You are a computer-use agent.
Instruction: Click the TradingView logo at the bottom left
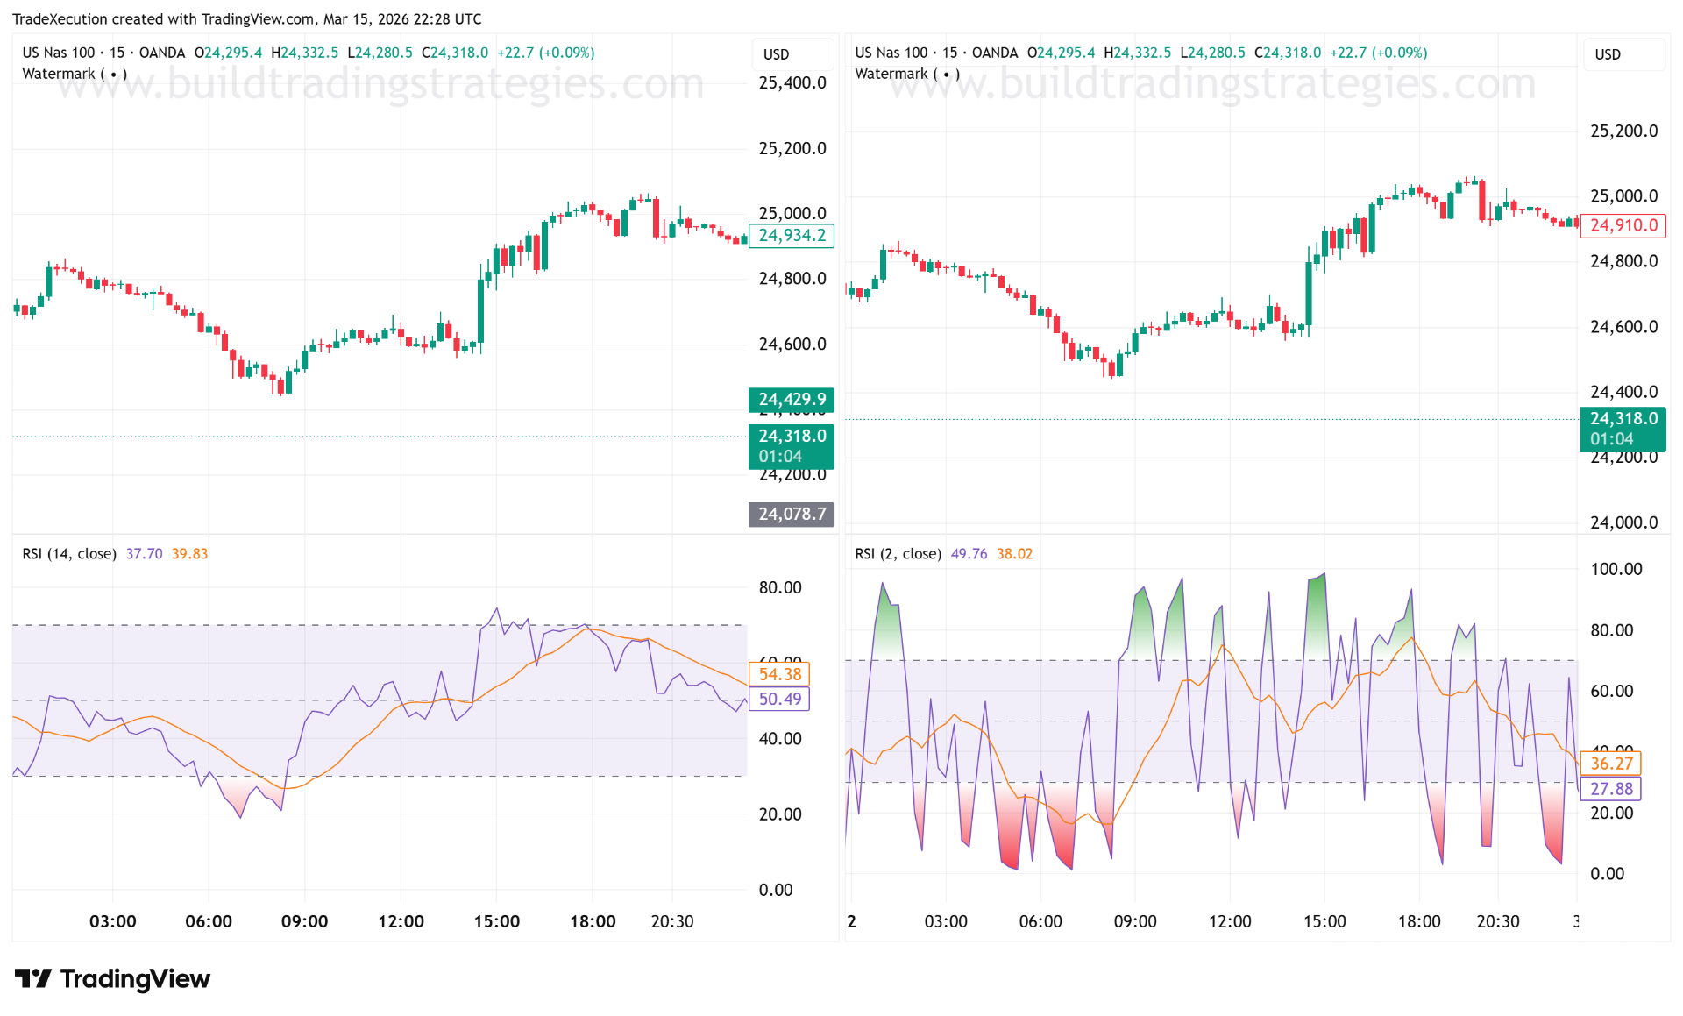click(112, 978)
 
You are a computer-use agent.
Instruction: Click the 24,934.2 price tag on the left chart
click(792, 235)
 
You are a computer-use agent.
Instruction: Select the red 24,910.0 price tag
click(1623, 225)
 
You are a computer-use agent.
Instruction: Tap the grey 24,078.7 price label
click(792, 514)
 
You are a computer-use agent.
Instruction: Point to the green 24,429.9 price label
click(792, 399)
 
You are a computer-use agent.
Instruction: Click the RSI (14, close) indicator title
click(69, 553)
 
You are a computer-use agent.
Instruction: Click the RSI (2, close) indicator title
click(898, 553)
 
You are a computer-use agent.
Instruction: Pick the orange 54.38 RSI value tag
click(779, 674)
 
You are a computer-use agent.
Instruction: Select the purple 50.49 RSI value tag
click(779, 699)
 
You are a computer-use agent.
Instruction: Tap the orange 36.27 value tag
click(1611, 764)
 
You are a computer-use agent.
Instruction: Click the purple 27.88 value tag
click(1611, 788)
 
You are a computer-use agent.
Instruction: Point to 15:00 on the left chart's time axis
click(496, 921)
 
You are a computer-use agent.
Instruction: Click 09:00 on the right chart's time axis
click(1135, 921)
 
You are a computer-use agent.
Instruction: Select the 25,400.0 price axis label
click(792, 82)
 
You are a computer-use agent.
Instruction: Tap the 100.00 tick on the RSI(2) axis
click(1616, 569)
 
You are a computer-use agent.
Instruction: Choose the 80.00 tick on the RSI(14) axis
click(780, 587)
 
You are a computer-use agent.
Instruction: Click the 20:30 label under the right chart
click(1498, 921)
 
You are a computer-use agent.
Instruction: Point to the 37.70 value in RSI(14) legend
click(144, 553)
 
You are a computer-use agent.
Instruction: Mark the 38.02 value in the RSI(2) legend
click(1014, 553)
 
